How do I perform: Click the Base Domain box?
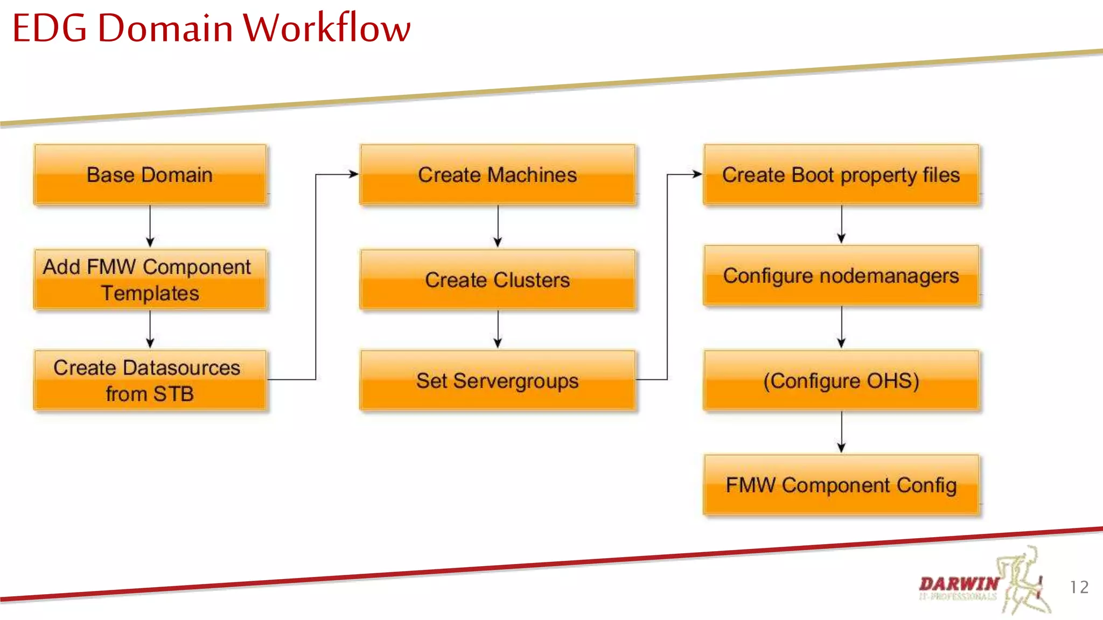tap(150, 174)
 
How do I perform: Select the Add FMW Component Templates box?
tap(150, 279)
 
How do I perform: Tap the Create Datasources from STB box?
tap(150, 380)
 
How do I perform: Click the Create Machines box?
tap(497, 174)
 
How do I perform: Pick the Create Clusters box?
tap(497, 279)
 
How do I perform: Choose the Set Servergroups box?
tap(497, 380)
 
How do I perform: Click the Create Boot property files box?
tap(841, 174)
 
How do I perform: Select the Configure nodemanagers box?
tap(841, 276)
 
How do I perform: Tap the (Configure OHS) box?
tap(841, 380)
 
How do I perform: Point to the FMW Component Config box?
tap(841, 484)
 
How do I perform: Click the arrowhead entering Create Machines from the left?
tap(353, 174)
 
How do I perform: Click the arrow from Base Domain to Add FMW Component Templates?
tap(150, 226)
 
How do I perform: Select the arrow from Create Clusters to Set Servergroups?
tap(498, 329)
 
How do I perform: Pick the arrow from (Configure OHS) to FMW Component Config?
tap(841, 432)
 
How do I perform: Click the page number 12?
tap(1079, 587)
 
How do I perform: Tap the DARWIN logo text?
tap(959, 583)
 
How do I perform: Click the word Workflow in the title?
tap(326, 28)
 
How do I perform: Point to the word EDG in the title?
tap(50, 28)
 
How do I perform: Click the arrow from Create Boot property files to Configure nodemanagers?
tap(841, 224)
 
